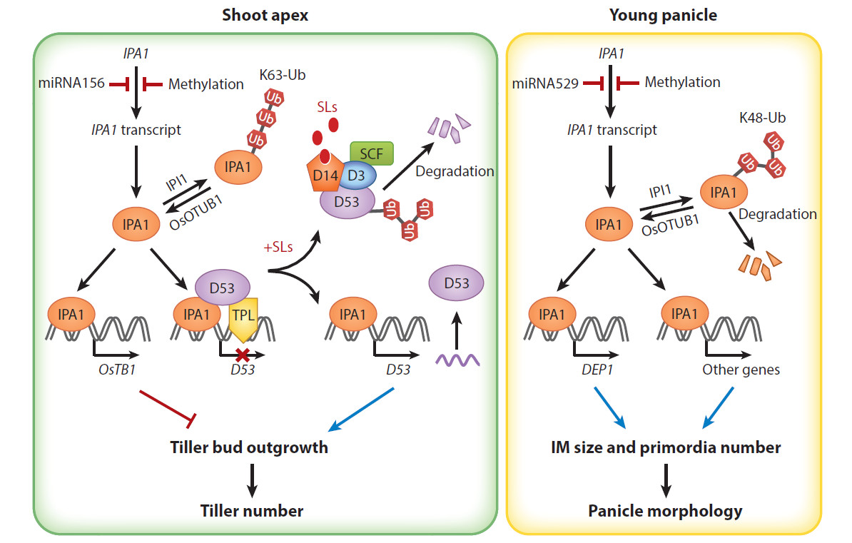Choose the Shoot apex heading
point(265,15)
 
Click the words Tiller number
point(251,510)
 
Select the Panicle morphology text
point(665,510)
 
